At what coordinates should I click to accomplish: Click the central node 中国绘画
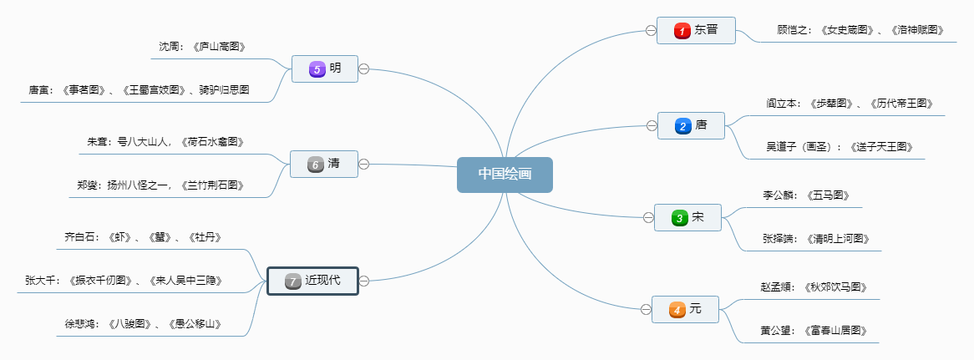coord(505,175)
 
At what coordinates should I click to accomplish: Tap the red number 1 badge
coord(682,31)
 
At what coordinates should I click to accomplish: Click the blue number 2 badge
coord(682,126)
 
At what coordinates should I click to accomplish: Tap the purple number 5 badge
coord(316,69)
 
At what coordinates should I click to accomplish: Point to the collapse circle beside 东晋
coord(650,31)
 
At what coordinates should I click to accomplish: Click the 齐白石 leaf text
coord(143,237)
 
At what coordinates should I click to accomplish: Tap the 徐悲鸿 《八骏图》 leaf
coord(143,324)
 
